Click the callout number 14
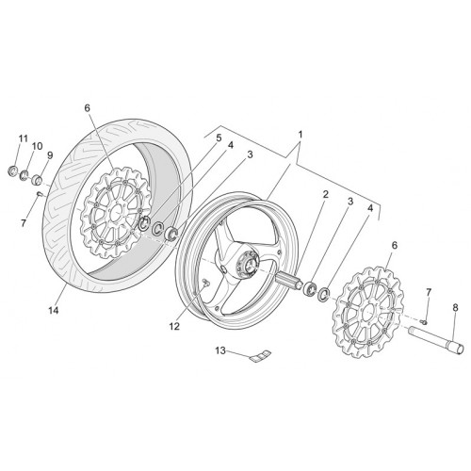54,311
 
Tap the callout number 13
220,350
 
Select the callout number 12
174,326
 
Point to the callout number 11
23,138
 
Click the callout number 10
37,146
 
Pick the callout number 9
50,155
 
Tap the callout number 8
455,308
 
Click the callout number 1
300,135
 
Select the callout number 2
325,194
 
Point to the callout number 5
219,138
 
